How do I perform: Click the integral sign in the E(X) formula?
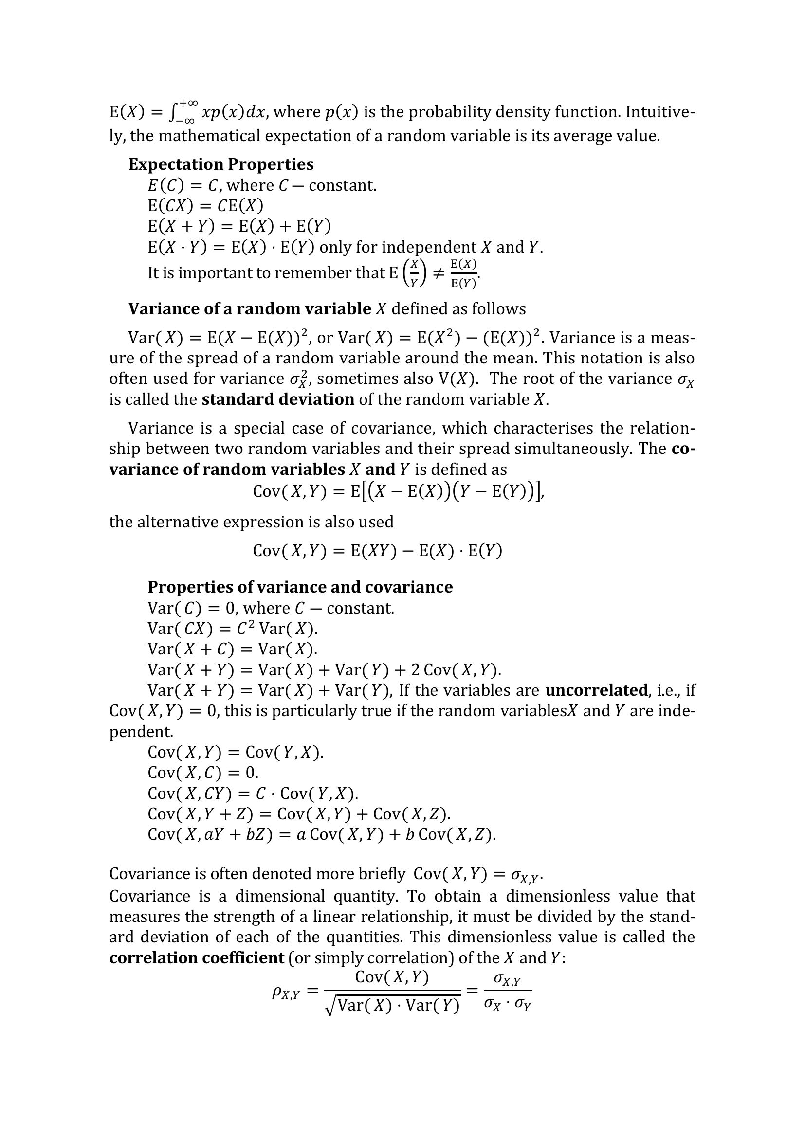pos(173,112)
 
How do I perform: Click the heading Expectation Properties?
pos(220,164)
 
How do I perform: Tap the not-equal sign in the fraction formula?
pos(438,272)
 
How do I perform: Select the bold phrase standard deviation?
pos(277,399)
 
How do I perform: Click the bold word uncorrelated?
pos(597,690)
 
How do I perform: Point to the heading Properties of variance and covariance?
pos(300,587)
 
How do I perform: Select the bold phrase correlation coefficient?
pos(196,957)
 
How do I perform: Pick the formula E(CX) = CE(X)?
pos(205,205)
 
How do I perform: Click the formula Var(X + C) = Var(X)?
pos(232,649)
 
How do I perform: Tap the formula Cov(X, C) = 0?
pos(203,772)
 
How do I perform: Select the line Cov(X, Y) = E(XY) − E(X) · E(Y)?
pos(377,551)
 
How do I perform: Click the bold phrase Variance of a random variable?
pos(249,309)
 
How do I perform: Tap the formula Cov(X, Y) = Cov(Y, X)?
pos(236,752)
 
